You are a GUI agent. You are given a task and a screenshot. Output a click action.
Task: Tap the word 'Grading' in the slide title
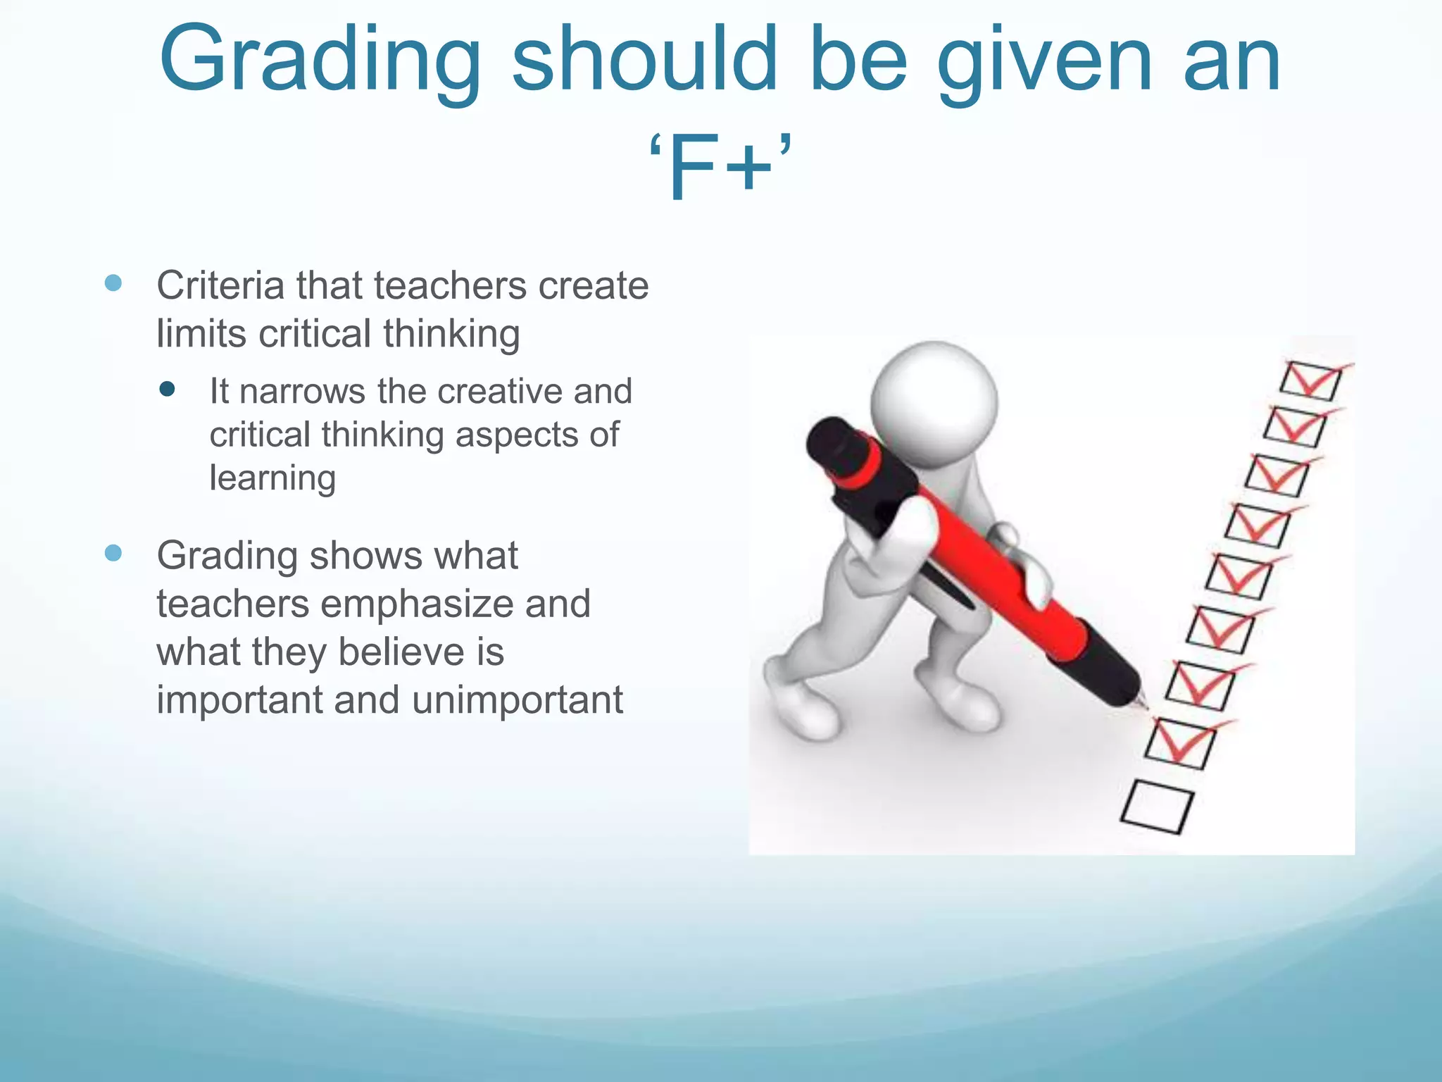click(321, 62)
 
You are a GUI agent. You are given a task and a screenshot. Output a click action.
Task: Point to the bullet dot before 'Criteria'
click(113, 283)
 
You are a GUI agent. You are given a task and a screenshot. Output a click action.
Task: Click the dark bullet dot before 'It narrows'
click(167, 389)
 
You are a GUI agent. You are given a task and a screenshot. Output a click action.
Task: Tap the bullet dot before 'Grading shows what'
click(113, 553)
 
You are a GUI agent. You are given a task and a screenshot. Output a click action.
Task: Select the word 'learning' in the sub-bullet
click(272, 479)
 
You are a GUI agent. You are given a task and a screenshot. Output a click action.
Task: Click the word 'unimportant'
click(518, 699)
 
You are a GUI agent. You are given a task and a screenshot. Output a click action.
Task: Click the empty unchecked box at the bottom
click(1157, 807)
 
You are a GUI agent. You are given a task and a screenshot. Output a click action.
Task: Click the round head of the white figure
click(934, 403)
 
